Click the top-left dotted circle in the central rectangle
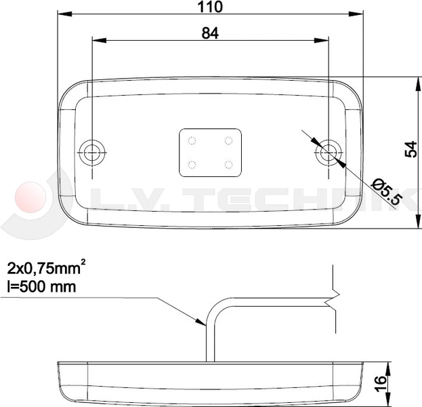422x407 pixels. [x=192, y=141]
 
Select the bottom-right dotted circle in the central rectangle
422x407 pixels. [x=229, y=164]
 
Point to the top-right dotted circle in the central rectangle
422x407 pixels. [x=229, y=141]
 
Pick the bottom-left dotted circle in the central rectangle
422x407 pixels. [x=192, y=164]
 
